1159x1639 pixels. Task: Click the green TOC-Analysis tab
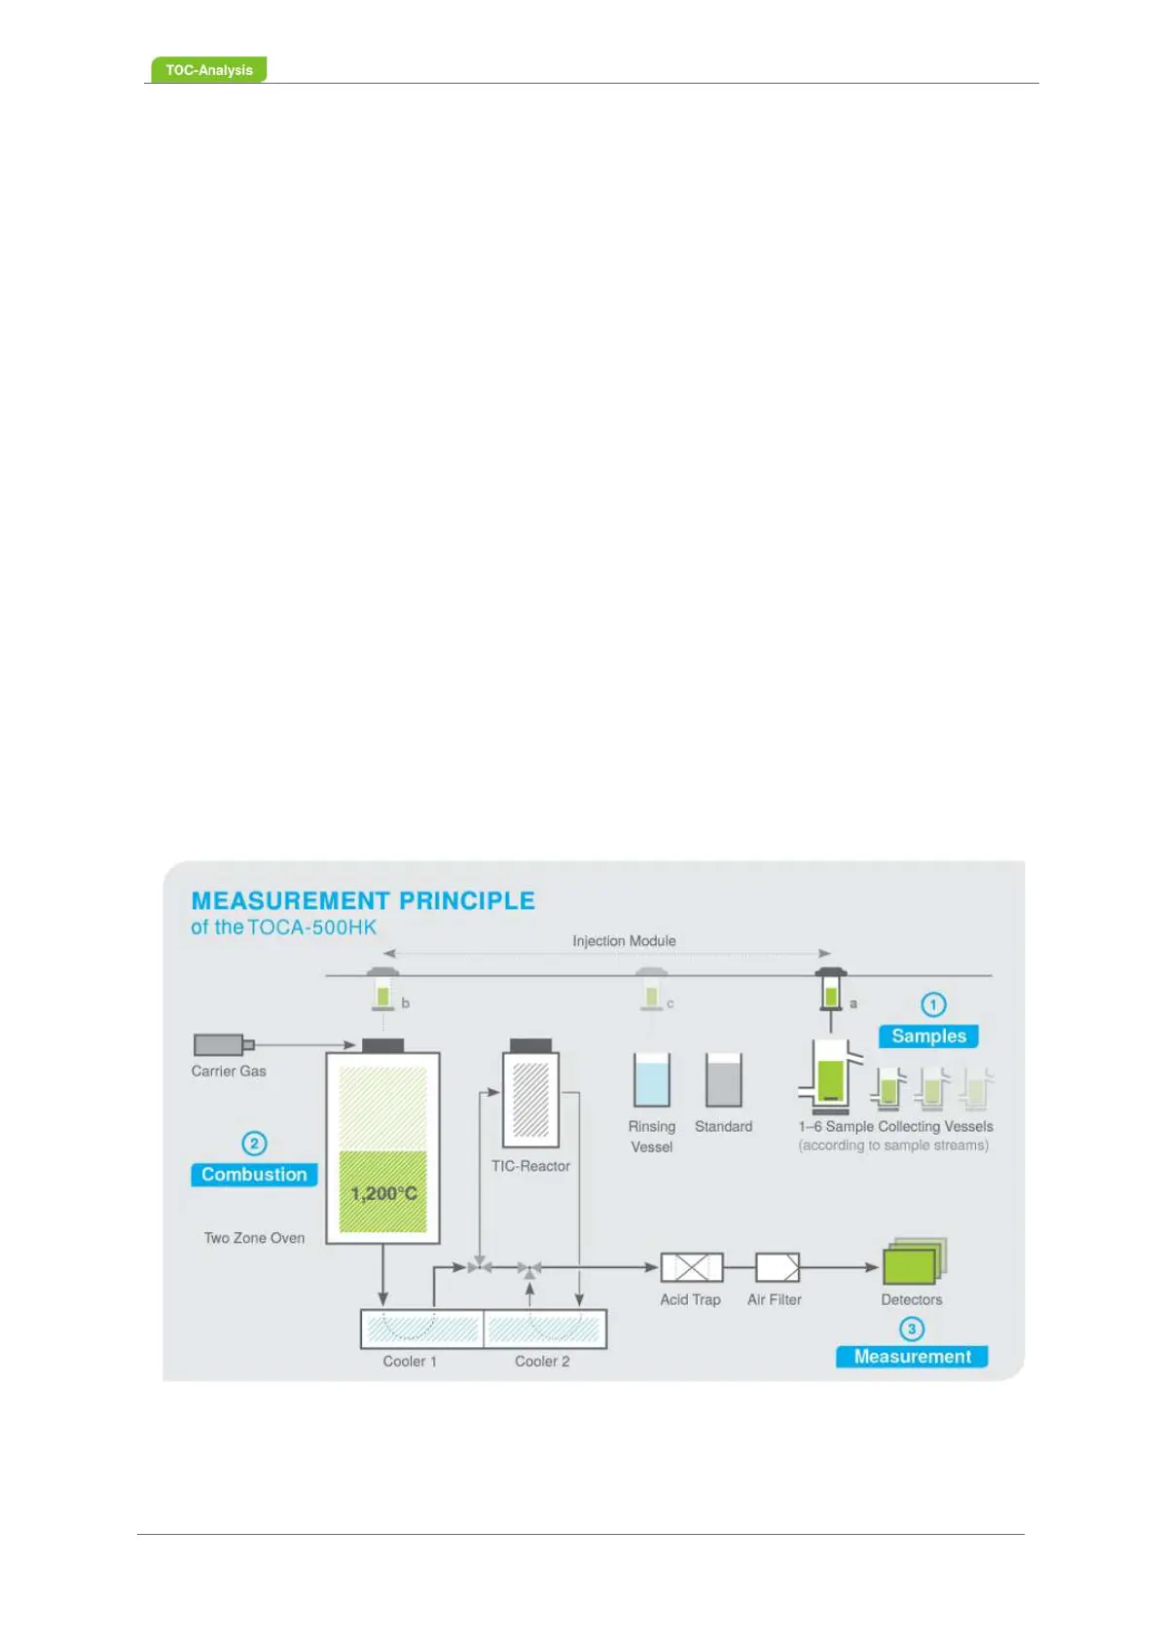coord(208,70)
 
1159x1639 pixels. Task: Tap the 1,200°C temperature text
coord(383,1193)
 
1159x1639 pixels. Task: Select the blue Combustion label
coord(254,1175)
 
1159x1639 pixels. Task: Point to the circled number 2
coord(254,1144)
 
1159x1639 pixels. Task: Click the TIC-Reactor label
coord(530,1166)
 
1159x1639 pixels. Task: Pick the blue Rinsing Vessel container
coord(651,1079)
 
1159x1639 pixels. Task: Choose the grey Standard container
coord(723,1079)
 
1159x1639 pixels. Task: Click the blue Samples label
coord(928,1037)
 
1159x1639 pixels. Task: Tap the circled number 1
coord(933,1004)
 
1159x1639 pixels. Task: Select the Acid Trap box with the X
coord(692,1267)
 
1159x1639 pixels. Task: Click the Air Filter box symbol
coord(778,1267)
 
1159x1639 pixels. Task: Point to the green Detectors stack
coord(913,1262)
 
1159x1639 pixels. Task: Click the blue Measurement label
coord(912,1357)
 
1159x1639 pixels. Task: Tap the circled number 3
coord(912,1329)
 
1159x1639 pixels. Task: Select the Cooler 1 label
coord(410,1362)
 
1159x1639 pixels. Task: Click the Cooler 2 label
coord(542,1362)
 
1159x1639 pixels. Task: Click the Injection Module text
coord(624,941)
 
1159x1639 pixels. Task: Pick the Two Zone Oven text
coord(254,1238)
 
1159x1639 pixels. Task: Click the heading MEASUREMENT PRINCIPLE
coord(363,901)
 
